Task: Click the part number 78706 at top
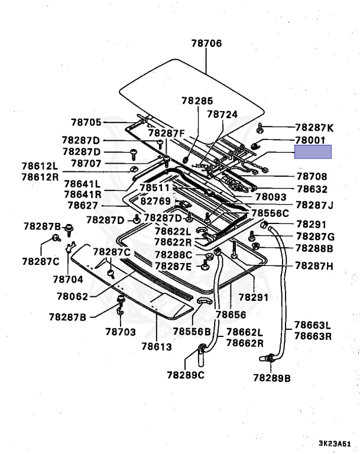click(206, 43)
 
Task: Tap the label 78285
click(197, 101)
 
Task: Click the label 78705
click(86, 122)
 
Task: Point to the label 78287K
click(314, 127)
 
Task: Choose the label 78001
click(311, 140)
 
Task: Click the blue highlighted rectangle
click(313, 152)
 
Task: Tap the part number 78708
click(312, 176)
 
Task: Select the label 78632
click(312, 189)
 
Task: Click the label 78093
click(270, 197)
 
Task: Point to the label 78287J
click(314, 205)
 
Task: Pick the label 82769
click(155, 202)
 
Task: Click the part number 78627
click(82, 206)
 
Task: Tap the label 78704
click(68, 278)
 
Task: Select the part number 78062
click(73, 296)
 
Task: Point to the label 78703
click(121, 332)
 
